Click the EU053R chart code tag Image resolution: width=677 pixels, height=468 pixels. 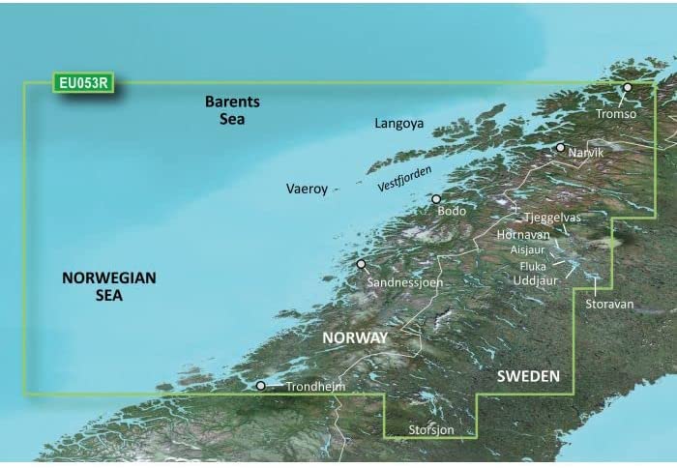(x=83, y=83)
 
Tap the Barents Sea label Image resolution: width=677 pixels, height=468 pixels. (x=225, y=110)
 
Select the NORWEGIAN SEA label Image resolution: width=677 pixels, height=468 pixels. (x=108, y=286)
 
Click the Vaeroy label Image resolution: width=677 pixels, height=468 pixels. (x=308, y=189)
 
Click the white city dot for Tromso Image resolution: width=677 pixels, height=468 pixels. (x=627, y=88)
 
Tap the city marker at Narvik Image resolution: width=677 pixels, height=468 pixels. (x=560, y=148)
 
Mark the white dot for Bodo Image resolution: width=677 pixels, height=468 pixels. (x=436, y=199)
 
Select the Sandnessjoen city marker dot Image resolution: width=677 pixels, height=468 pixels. (x=361, y=264)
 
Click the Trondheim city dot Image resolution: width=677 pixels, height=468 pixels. (x=260, y=386)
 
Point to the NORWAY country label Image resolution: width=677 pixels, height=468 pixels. (x=357, y=338)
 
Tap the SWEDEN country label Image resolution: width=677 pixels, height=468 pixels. (x=528, y=375)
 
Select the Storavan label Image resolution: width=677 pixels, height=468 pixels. (x=609, y=304)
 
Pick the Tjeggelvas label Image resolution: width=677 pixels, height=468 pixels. (x=552, y=218)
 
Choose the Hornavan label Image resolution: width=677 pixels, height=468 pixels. (x=523, y=234)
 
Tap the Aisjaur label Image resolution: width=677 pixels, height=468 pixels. (x=529, y=249)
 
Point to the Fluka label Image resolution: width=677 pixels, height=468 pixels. (x=533, y=265)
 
